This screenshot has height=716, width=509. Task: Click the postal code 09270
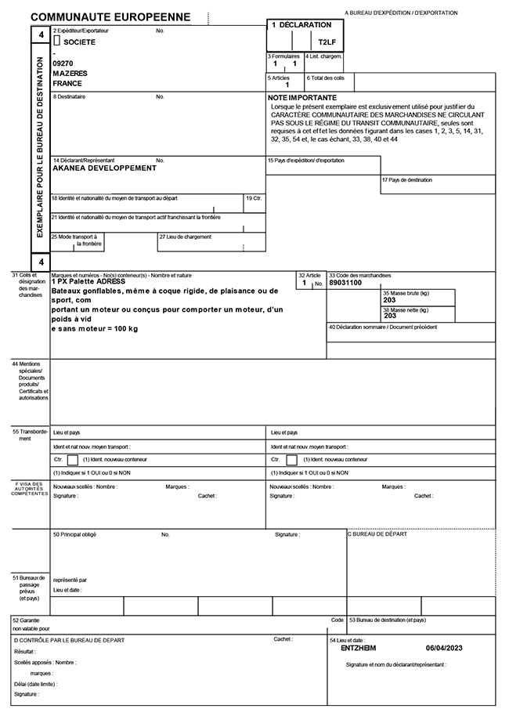tap(62, 63)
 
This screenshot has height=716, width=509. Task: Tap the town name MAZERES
tap(70, 73)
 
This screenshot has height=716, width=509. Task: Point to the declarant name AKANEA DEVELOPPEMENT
tap(103, 168)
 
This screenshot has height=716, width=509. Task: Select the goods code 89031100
tap(346, 282)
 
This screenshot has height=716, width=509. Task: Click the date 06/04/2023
tap(445, 649)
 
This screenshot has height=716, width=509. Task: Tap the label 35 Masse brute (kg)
tap(406, 292)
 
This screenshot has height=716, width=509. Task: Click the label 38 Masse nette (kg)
tap(406, 309)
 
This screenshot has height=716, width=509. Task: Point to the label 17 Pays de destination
tap(406, 180)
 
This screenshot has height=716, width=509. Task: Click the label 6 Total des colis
tap(325, 78)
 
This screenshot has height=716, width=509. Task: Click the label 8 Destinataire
tap(69, 96)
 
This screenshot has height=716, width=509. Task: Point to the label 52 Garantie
tap(27, 620)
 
